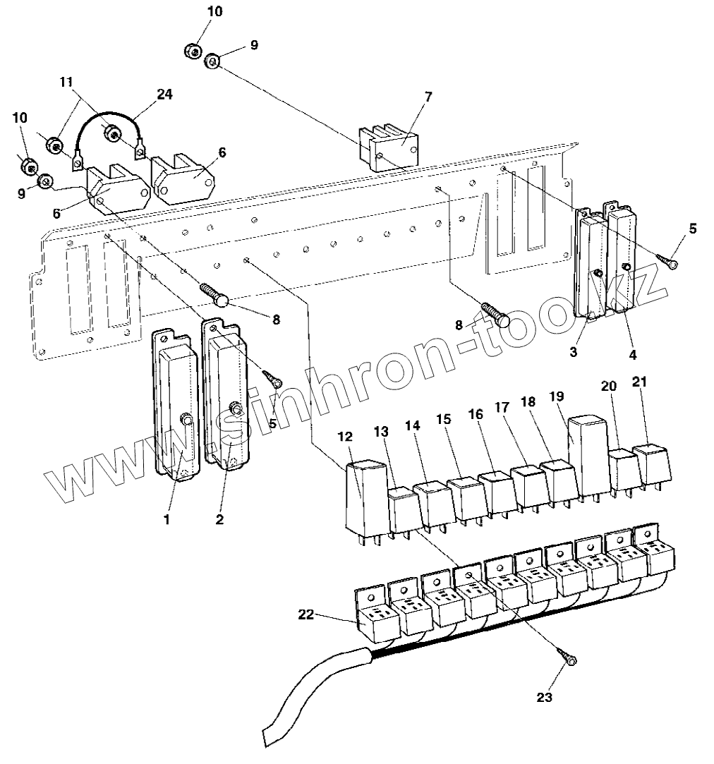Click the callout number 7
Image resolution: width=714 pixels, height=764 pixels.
pyautogui.click(x=428, y=96)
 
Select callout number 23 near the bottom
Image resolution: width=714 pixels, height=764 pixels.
pyautogui.click(x=544, y=698)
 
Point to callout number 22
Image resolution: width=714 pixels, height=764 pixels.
pyautogui.click(x=305, y=615)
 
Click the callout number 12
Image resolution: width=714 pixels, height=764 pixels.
pyautogui.click(x=345, y=437)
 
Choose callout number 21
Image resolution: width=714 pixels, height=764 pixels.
pyautogui.click(x=639, y=382)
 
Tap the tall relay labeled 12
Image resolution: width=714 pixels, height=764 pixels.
pyautogui.click(x=364, y=497)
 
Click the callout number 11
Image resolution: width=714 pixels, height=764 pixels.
pyautogui.click(x=66, y=82)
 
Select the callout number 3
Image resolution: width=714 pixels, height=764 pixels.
pyautogui.click(x=574, y=351)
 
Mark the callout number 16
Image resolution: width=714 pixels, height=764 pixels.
pyautogui.click(x=477, y=415)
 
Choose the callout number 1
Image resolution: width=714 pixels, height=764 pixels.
pyautogui.click(x=167, y=520)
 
